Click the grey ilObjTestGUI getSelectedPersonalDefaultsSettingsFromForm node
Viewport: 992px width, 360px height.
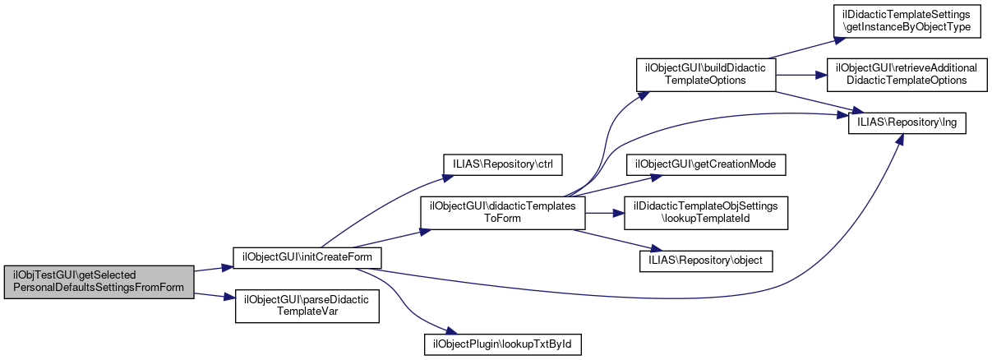(x=99, y=282)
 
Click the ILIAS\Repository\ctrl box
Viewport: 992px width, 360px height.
(x=502, y=164)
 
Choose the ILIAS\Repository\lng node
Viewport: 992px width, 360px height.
(x=906, y=122)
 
